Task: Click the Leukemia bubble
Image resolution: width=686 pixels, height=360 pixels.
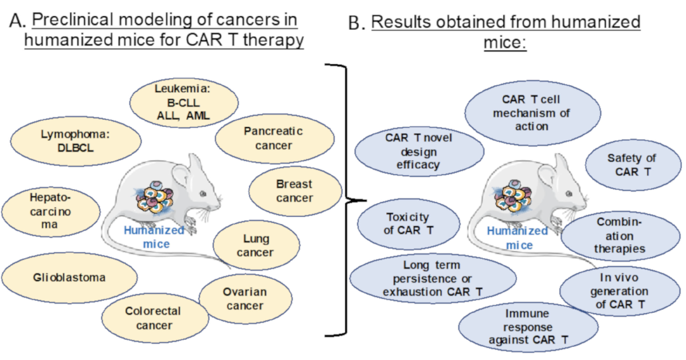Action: click(x=184, y=103)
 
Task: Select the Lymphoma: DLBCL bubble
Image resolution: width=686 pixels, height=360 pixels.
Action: click(x=76, y=141)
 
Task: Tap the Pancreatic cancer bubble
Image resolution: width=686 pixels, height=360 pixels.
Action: click(x=274, y=138)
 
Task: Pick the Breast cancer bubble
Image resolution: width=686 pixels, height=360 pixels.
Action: click(x=295, y=191)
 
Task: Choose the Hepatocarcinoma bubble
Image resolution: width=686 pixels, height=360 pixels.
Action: click(x=50, y=211)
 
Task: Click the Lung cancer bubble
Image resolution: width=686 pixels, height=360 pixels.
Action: click(x=256, y=245)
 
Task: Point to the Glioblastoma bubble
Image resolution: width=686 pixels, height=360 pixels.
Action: click(x=69, y=277)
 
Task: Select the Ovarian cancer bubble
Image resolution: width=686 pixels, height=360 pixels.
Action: click(x=245, y=299)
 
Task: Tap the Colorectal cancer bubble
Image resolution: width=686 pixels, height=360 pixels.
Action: click(x=155, y=318)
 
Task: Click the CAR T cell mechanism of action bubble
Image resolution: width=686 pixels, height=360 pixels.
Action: click(x=532, y=113)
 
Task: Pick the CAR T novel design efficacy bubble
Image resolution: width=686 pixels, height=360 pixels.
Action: click(x=419, y=151)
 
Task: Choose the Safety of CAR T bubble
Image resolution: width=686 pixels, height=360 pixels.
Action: click(x=633, y=165)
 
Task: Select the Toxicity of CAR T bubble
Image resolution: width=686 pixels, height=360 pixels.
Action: click(x=408, y=223)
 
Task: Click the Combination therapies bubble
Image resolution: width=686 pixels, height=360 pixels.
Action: click(x=621, y=236)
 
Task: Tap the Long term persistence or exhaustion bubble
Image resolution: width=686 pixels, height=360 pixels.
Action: click(x=433, y=278)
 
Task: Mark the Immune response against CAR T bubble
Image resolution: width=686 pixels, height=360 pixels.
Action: click(x=528, y=327)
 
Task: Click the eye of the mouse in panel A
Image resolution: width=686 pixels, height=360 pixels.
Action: click(x=203, y=194)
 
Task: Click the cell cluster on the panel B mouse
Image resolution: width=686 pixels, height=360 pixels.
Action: click(x=512, y=197)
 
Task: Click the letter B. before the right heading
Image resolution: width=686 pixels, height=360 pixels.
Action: click(x=356, y=23)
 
